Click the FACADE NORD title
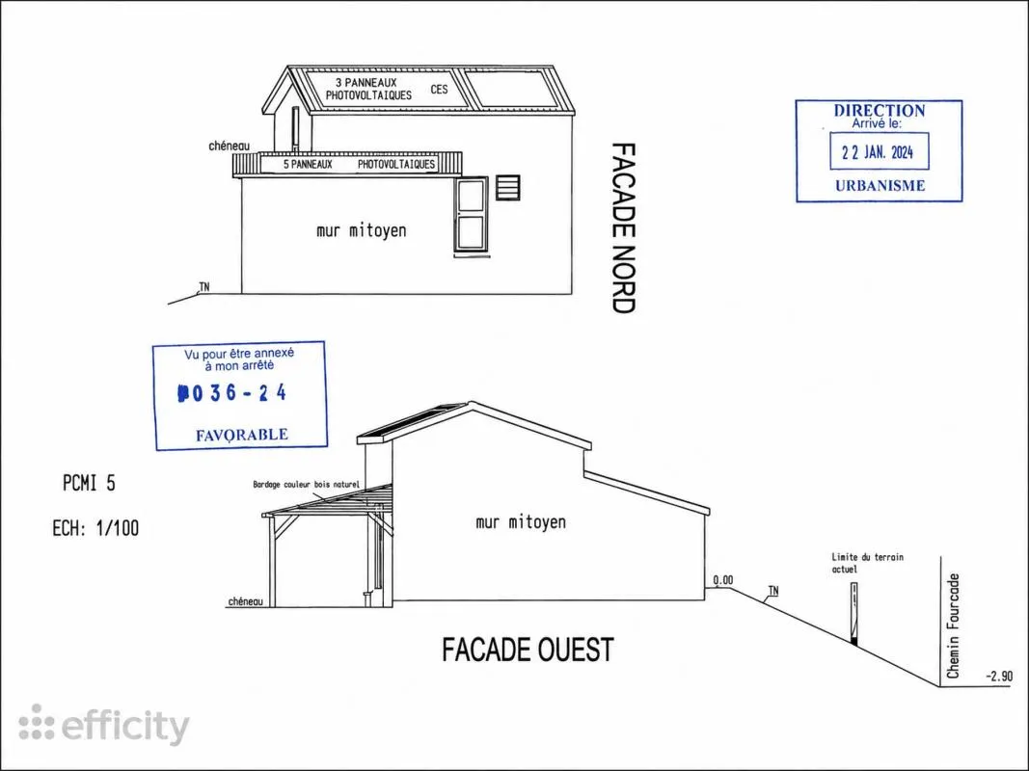[624, 228]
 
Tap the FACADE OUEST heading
[528, 650]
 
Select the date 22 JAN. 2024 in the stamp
[878, 153]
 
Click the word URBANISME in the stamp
[880, 186]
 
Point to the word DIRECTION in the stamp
[880, 110]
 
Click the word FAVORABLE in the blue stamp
[241, 435]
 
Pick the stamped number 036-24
[232, 392]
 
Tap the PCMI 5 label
[90, 483]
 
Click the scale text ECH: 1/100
[95, 528]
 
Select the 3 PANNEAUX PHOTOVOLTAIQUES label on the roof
[368, 90]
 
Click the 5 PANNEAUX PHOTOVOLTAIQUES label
[359, 164]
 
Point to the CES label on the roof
[439, 89]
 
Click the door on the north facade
[472, 214]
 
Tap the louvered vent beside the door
[508, 188]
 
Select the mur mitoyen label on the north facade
[361, 230]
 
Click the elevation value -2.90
[999, 676]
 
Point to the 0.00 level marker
[723, 580]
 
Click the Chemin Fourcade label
[954, 626]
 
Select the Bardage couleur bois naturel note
[307, 485]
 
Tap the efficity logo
[104, 725]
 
